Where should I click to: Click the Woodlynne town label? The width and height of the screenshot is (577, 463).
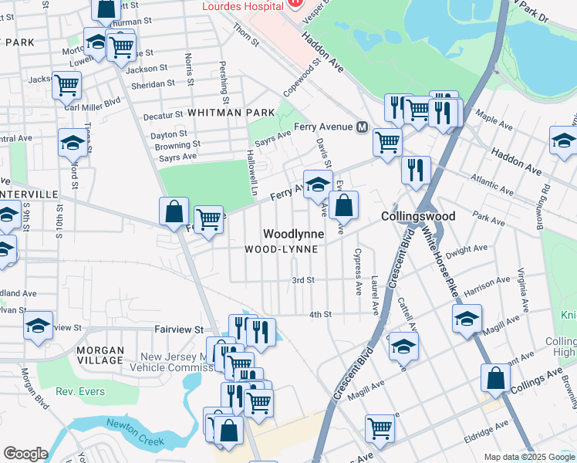pyautogui.click(x=292, y=233)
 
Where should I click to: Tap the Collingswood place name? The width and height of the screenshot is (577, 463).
pyautogui.click(x=418, y=217)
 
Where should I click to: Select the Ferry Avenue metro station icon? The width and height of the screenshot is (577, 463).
pyautogui.click(x=362, y=127)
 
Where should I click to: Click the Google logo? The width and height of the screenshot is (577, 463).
pyautogui.click(x=25, y=454)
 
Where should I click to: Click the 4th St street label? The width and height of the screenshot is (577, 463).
pyautogui.click(x=319, y=314)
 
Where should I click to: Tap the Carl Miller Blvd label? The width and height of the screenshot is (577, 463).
pyautogui.click(x=93, y=100)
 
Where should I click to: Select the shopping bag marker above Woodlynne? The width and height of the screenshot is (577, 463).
pyautogui.click(x=344, y=205)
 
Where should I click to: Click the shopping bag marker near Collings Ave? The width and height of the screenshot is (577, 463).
pyautogui.click(x=495, y=378)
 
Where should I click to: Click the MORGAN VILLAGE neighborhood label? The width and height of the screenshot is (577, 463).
pyautogui.click(x=100, y=355)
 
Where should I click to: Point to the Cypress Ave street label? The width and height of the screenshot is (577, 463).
pyautogui.click(x=357, y=272)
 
